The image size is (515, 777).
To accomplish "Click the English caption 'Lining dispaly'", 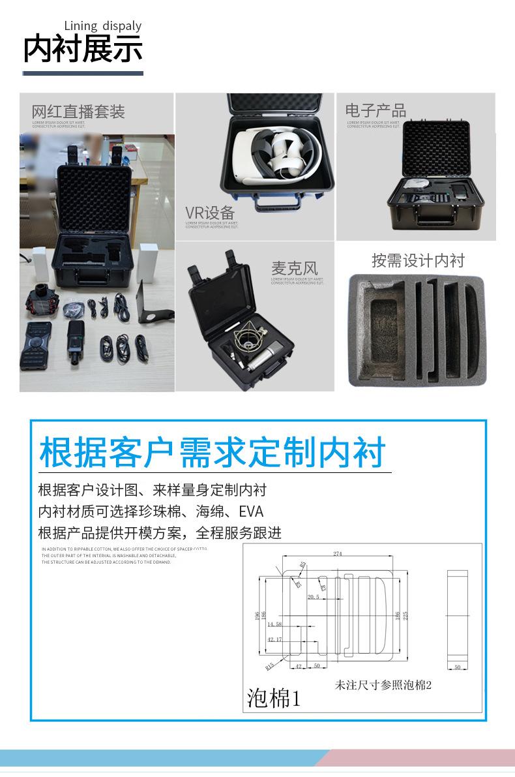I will pyautogui.click(x=102, y=26).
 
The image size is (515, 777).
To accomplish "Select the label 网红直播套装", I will pyautogui.click(x=78, y=112).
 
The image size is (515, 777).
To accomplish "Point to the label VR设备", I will pyautogui.click(x=210, y=213).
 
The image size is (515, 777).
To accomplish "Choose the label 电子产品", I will pyautogui.click(x=375, y=110).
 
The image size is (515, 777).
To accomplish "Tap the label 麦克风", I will pyautogui.click(x=295, y=268).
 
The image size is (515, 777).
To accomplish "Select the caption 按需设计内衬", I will pyautogui.click(x=418, y=261).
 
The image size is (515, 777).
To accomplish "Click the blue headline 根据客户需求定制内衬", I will pyautogui.click(x=213, y=452).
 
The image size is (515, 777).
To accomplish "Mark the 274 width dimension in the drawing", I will pyautogui.click(x=337, y=555).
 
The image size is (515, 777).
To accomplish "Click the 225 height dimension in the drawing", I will pyautogui.click(x=405, y=617).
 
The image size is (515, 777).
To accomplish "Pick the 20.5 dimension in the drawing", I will pyautogui.click(x=314, y=598).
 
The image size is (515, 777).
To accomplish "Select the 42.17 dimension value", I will pyautogui.click(x=274, y=639).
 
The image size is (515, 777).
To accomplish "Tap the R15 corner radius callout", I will pyautogui.click(x=269, y=666).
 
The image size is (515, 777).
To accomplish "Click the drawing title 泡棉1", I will pyautogui.click(x=274, y=698).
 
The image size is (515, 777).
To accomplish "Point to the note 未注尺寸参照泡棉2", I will pyautogui.click(x=383, y=686).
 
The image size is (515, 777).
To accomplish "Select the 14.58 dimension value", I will pyautogui.click(x=274, y=624).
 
